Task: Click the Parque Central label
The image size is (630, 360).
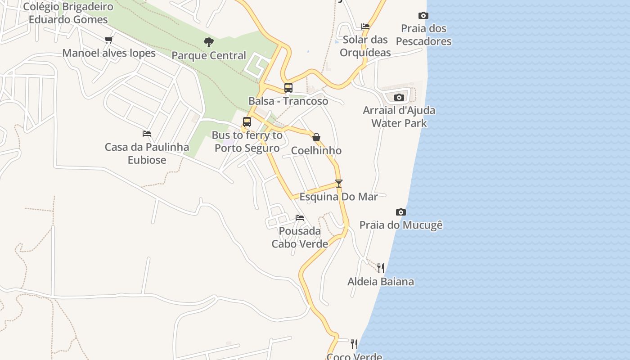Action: coord(209,55)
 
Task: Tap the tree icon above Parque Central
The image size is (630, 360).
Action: coord(208,42)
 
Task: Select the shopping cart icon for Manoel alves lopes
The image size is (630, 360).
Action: coord(108,40)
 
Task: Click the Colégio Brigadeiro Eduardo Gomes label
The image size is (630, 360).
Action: coord(68,13)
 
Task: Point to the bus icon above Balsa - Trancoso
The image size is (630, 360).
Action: coord(288,88)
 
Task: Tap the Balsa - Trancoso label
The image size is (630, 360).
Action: coord(288,101)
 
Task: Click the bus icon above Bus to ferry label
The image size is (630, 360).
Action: coord(247,122)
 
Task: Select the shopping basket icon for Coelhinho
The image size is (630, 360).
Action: coord(316,137)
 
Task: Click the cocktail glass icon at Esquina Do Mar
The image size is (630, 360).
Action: coord(339,183)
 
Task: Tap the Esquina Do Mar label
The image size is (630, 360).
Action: coord(339,197)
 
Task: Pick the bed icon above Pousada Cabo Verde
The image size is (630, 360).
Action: coord(300,218)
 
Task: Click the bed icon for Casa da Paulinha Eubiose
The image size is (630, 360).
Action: coord(147,134)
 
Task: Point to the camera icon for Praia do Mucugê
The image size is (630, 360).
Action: coord(401,212)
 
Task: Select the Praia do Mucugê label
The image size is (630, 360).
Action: coord(401,225)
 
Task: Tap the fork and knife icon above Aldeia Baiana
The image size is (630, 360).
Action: coord(381,268)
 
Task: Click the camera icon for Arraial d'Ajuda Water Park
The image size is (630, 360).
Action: coord(399,97)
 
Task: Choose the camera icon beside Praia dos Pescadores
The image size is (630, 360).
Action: coord(423,16)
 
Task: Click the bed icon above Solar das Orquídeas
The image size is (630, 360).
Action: coord(365,27)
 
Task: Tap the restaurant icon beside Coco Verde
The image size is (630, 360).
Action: coord(354,344)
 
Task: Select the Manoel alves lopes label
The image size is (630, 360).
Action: coord(109,53)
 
